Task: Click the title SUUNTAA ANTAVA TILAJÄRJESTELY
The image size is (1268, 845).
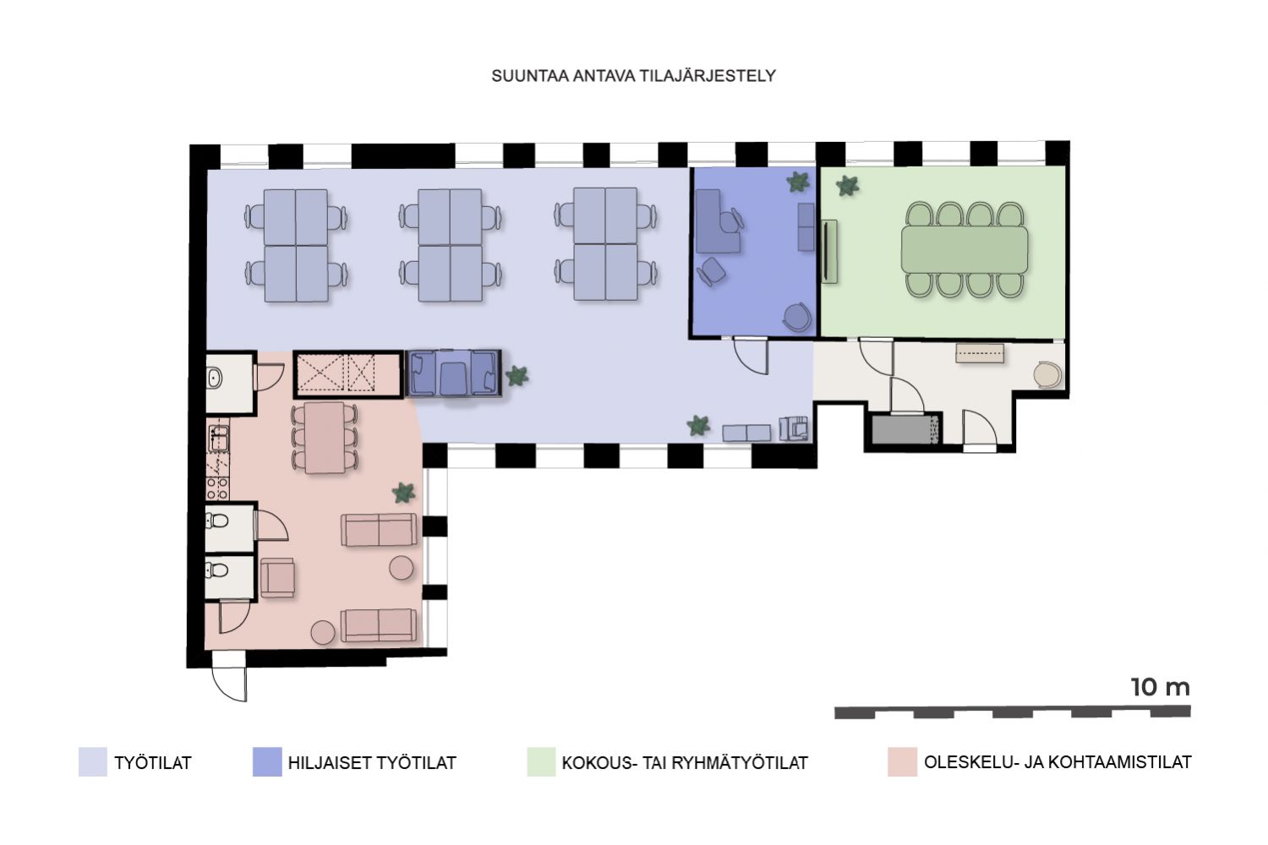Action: pos(633,75)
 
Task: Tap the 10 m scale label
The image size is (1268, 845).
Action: pos(1160,687)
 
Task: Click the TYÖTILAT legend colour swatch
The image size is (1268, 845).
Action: pos(93,762)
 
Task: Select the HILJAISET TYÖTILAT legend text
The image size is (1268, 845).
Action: pos(372,763)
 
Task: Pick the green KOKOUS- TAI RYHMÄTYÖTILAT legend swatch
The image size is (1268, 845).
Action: pos(541,762)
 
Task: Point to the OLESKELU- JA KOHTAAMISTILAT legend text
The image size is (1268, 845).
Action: pos(1058,762)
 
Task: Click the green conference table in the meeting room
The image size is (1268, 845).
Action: pos(965,249)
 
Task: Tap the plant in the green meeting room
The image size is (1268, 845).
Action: pos(847,186)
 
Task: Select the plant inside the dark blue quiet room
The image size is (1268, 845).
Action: pos(798,183)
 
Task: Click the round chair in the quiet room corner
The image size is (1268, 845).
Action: pos(797,317)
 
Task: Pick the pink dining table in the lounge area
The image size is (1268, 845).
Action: pos(325,438)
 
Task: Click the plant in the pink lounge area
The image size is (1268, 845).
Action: pos(403,493)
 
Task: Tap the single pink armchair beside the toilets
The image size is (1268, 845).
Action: pos(277,577)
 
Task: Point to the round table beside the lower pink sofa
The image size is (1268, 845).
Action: pos(323,632)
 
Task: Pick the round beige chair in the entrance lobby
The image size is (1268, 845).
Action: pos(1048,374)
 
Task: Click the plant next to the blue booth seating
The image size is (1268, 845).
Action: pos(516,376)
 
